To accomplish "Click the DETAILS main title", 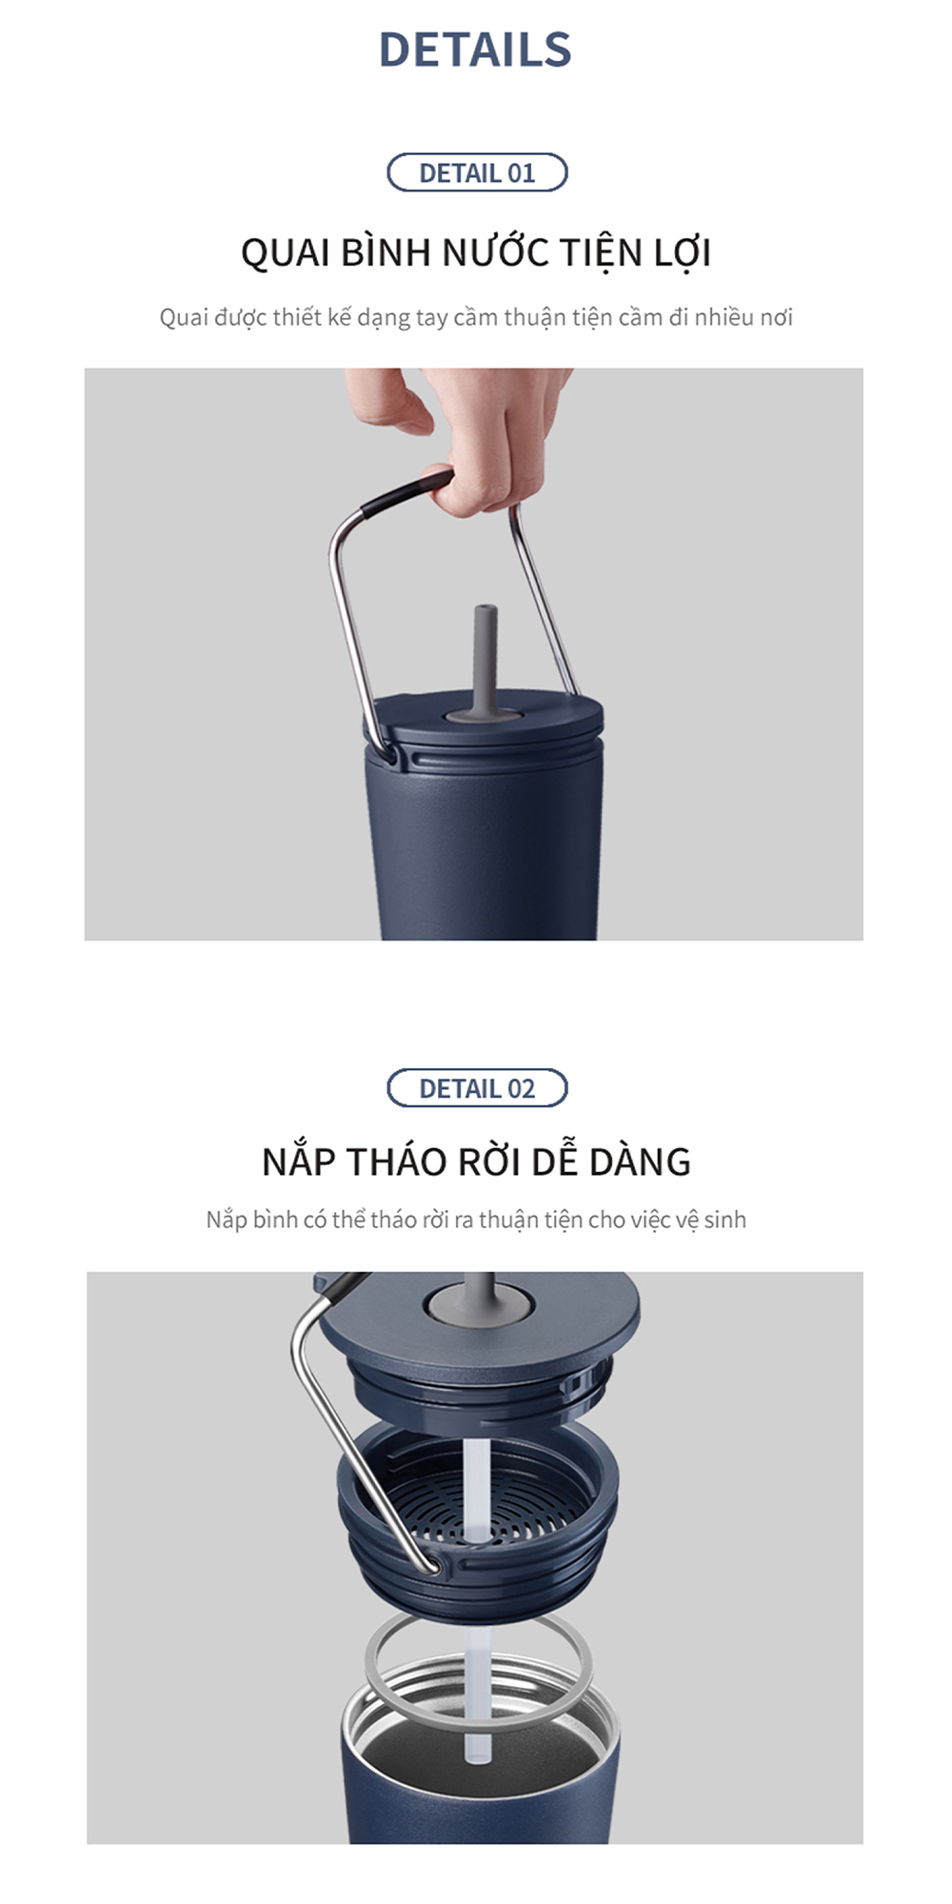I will click(x=475, y=50).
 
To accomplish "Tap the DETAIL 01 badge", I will click(x=477, y=173).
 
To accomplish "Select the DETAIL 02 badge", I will click(x=477, y=1088).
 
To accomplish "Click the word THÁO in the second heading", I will click(x=396, y=1162).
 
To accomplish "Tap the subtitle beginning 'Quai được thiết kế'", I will click(x=475, y=317).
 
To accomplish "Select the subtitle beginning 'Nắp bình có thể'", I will click(x=475, y=1220).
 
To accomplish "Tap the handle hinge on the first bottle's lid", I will click(x=390, y=753).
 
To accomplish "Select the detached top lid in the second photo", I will click(x=476, y=1333).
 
